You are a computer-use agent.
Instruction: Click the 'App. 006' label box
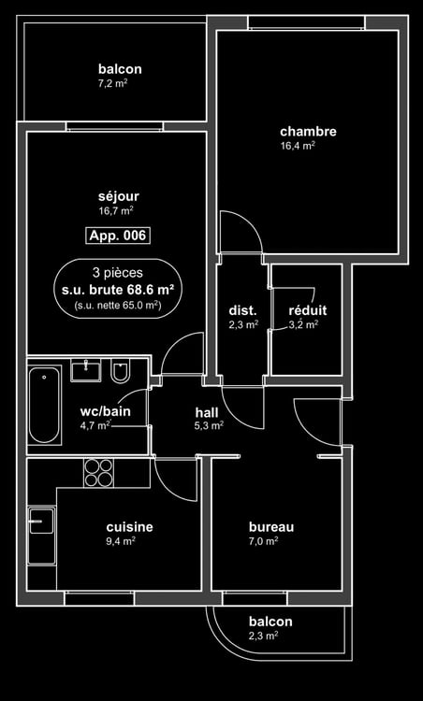pyautogui.click(x=118, y=236)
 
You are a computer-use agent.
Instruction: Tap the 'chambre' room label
pyautogui.click(x=309, y=132)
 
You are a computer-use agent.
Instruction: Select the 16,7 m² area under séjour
pyautogui.click(x=116, y=210)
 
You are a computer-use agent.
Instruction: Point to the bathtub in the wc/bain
pyautogui.click(x=44, y=406)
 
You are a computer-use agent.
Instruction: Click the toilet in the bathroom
pyautogui.click(x=121, y=372)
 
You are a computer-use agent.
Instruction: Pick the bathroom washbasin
pyautogui.click(x=85, y=370)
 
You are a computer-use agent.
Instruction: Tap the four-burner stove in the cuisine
pyautogui.click(x=98, y=473)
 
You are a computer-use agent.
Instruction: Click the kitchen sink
pyautogui.click(x=41, y=536)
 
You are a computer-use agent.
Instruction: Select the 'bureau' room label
pyautogui.click(x=271, y=527)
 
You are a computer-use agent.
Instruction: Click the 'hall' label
pyautogui.click(x=207, y=412)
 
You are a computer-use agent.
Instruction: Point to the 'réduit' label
pyautogui.click(x=308, y=310)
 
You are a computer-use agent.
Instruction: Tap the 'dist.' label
pyautogui.click(x=243, y=310)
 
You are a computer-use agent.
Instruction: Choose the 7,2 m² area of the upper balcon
pyautogui.click(x=113, y=83)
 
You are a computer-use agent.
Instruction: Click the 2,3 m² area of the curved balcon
pyautogui.click(x=263, y=636)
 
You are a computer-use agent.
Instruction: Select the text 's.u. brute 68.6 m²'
pyautogui.click(x=118, y=290)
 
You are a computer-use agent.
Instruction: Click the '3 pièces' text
pyautogui.click(x=118, y=273)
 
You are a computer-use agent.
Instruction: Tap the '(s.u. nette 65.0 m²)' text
pyautogui.click(x=118, y=307)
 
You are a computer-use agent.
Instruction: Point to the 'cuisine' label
pyautogui.click(x=129, y=527)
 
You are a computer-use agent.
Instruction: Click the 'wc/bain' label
pyautogui.click(x=105, y=411)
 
